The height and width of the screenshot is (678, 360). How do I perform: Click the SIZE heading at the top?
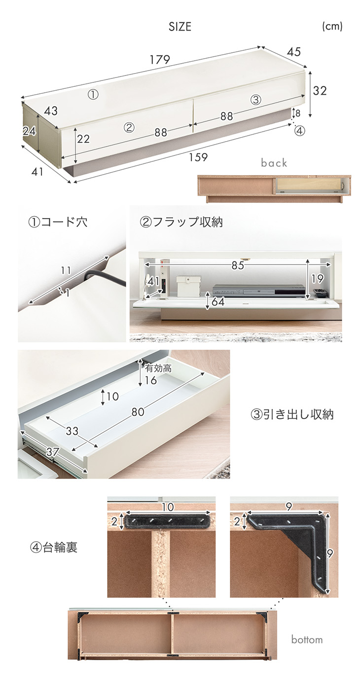[180, 27]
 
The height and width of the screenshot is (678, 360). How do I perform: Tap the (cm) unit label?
[332, 26]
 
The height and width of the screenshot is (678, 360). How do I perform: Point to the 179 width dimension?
[160, 60]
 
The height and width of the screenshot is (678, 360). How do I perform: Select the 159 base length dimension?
[198, 157]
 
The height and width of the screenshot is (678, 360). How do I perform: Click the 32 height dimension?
[320, 90]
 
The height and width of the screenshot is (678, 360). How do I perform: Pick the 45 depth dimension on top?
[294, 52]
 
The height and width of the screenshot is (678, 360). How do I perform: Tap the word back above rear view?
[274, 163]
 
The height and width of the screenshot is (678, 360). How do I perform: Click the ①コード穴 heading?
[58, 223]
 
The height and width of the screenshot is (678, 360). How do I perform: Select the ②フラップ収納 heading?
[181, 223]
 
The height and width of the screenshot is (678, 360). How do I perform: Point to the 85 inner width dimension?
[238, 265]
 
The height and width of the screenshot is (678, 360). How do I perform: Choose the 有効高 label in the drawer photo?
[158, 368]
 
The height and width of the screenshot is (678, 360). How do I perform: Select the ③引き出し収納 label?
[292, 414]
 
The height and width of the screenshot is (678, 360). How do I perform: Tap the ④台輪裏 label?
[54, 547]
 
